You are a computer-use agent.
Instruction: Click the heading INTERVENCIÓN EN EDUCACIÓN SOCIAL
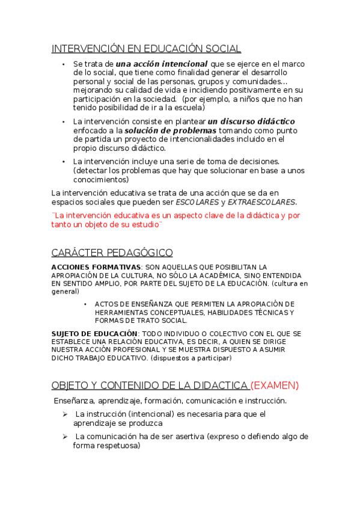pyautogui.click(x=146, y=49)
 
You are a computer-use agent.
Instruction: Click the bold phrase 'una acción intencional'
pyautogui.click(x=162, y=64)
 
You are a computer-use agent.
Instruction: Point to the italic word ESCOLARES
pyautogui.click(x=197, y=202)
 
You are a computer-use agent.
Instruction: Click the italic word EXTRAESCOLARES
pyautogui.click(x=261, y=202)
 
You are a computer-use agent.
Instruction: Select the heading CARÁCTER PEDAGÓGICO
pyautogui.click(x=112, y=253)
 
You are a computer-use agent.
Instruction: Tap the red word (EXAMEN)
pyautogui.click(x=275, y=385)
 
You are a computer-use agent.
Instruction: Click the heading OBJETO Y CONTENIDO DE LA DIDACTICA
pyautogui.click(x=150, y=385)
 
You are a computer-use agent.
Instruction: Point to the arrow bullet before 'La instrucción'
pyautogui.click(x=64, y=414)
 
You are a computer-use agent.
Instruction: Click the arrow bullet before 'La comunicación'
pyautogui.click(x=64, y=436)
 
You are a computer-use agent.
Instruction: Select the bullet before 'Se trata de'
pyautogui.click(x=64, y=64)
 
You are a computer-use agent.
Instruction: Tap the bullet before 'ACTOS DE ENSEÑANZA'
pyautogui.click(x=85, y=304)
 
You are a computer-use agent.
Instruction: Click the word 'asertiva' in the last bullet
pyautogui.click(x=188, y=437)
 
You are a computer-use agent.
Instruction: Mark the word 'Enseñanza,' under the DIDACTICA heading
pyautogui.click(x=74, y=401)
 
